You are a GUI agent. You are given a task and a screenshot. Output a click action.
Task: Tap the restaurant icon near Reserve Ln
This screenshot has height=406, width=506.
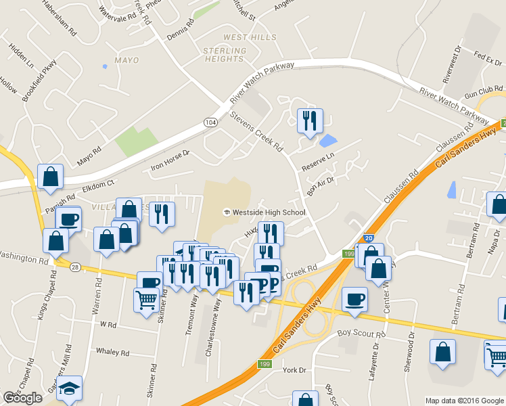[310, 121]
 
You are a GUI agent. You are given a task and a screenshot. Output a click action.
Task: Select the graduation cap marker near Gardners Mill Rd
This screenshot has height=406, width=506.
[69, 388]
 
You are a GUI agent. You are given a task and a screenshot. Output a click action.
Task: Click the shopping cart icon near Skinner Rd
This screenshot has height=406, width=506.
[146, 299]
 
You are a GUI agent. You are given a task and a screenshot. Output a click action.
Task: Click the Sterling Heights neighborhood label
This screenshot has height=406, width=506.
[225, 55]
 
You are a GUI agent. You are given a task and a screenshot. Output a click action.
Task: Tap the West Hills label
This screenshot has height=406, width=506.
[245, 37]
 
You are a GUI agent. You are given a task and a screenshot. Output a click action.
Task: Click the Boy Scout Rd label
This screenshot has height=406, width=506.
[361, 333]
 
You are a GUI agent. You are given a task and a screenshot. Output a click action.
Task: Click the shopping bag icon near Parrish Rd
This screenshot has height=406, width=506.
[51, 177]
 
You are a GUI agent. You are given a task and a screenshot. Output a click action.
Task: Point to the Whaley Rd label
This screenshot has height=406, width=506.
[112, 352]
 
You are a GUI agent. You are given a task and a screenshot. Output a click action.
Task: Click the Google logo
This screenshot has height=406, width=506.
[22, 398]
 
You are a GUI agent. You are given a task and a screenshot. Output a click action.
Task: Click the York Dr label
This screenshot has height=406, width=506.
[294, 370]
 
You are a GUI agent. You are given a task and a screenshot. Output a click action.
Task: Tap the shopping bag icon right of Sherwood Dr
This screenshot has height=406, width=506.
[442, 353]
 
